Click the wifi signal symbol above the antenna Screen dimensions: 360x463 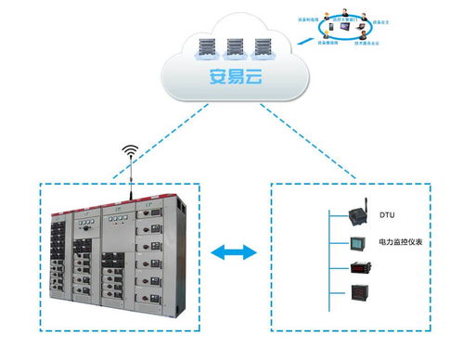pos(130,149)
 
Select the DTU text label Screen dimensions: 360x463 pos(385,215)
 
